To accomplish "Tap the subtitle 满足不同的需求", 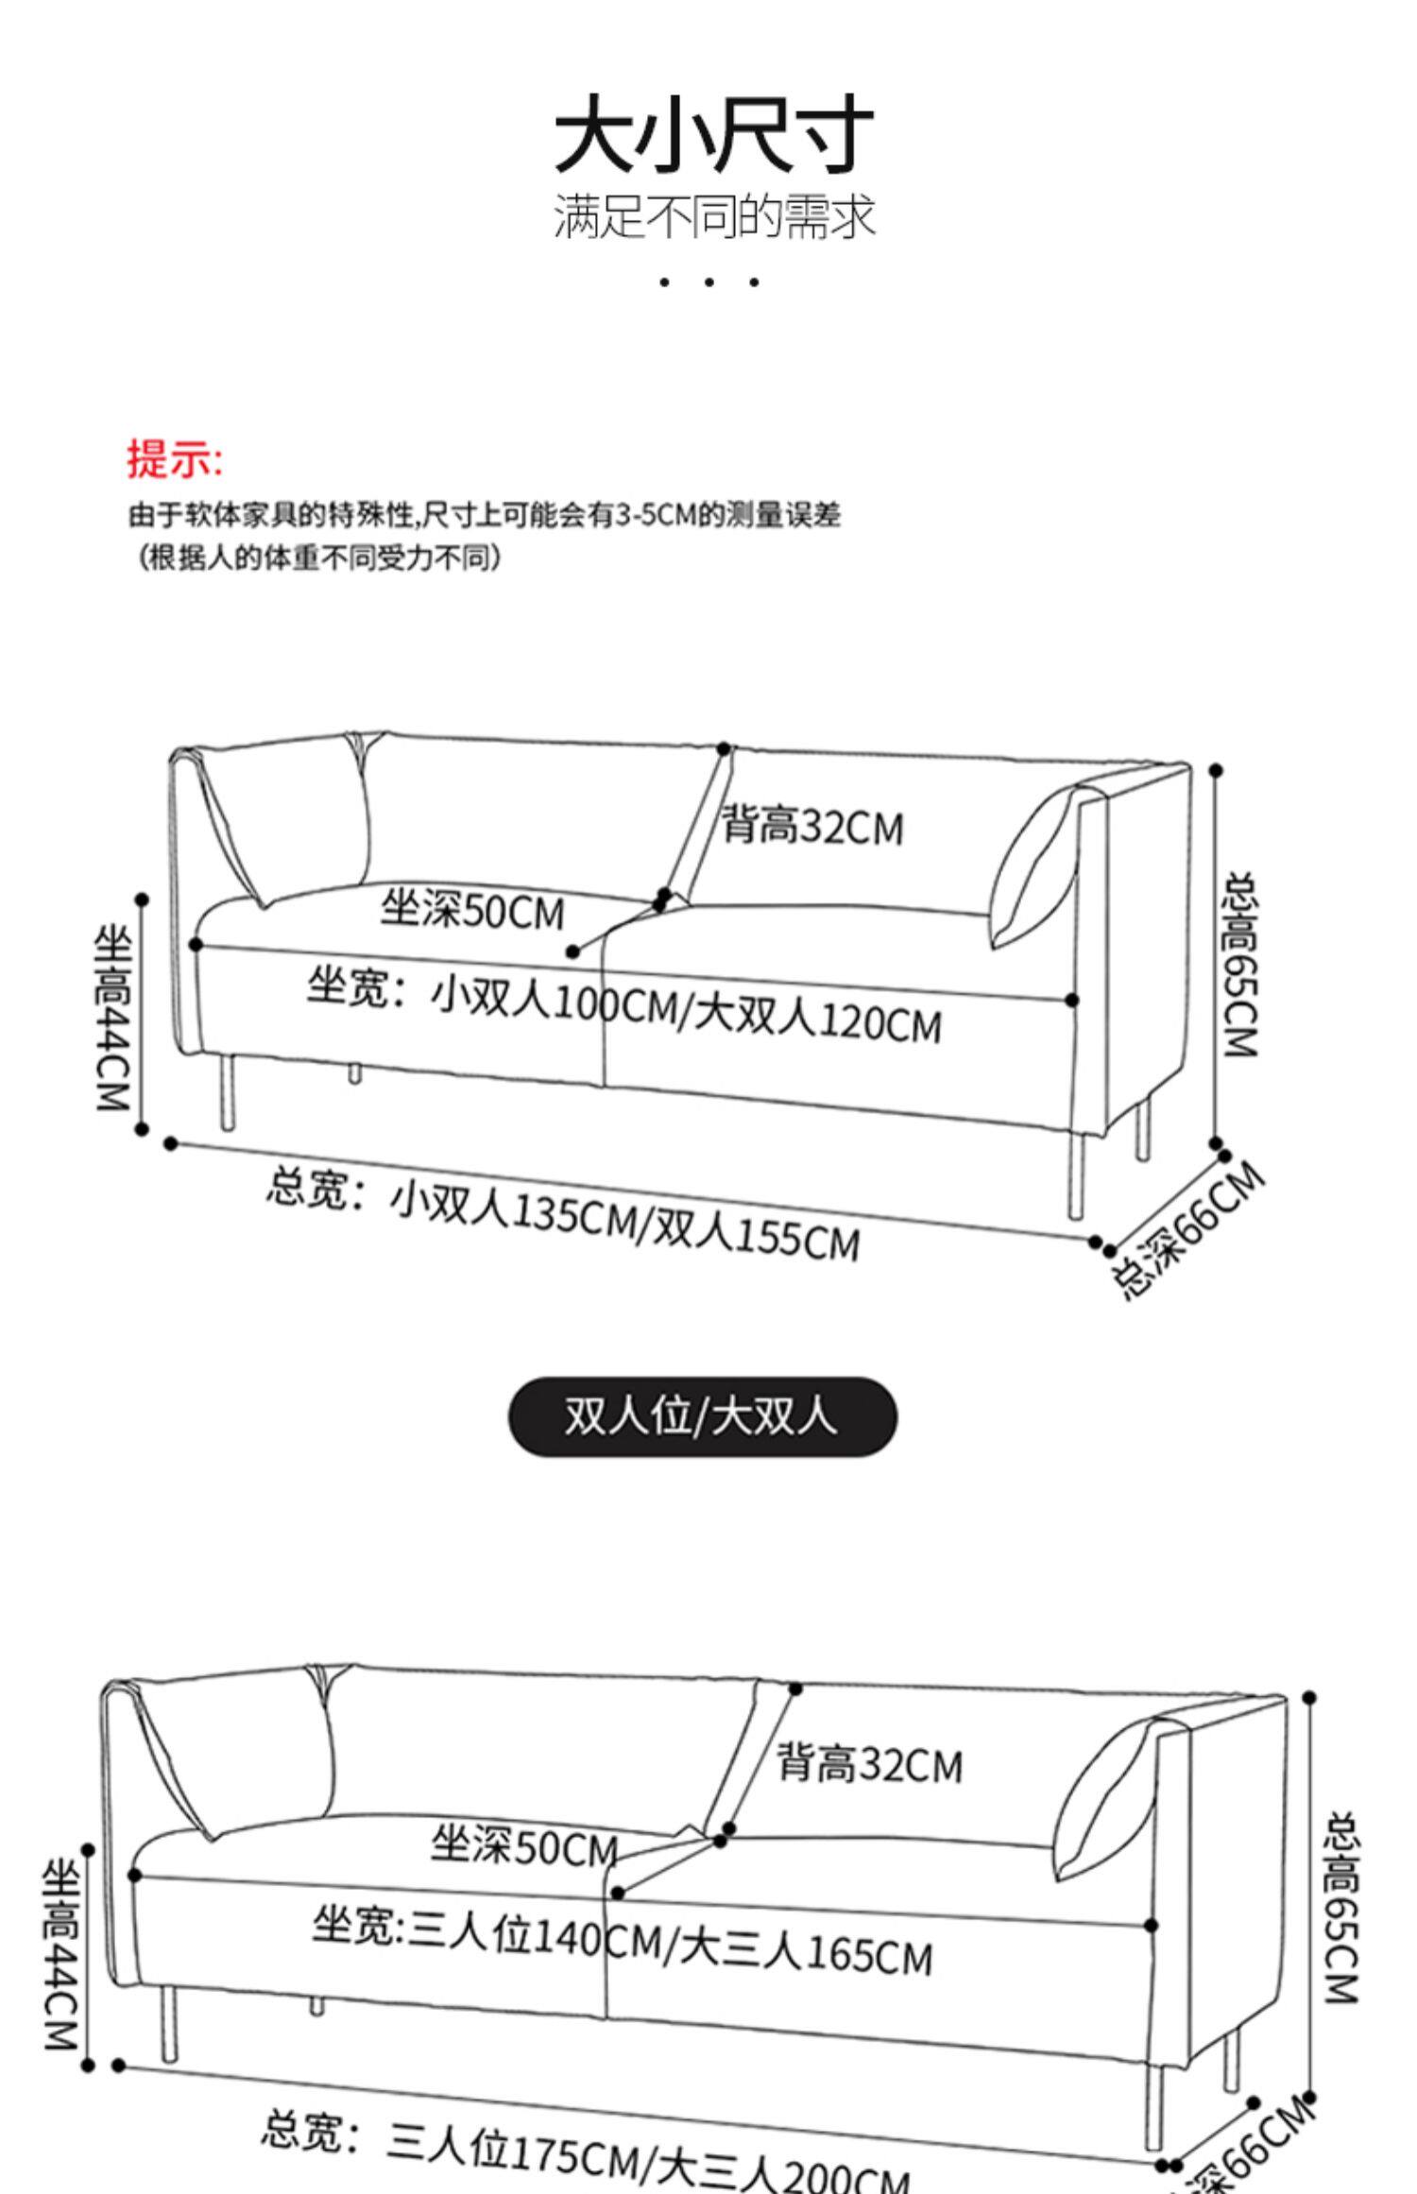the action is tap(713, 216).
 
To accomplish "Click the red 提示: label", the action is tap(175, 459).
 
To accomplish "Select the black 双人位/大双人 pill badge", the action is tap(703, 1416).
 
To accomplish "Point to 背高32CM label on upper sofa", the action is tap(813, 827).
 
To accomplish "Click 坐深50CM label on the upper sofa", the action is tap(472, 911).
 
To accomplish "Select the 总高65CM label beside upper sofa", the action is tap(1241, 965).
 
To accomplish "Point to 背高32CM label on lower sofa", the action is tap(869, 1764).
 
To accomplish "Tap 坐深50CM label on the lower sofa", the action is tap(524, 1845).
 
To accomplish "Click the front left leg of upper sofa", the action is tap(228, 1092).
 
